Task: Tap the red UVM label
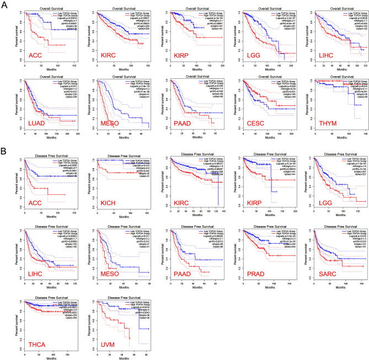[108, 345]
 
